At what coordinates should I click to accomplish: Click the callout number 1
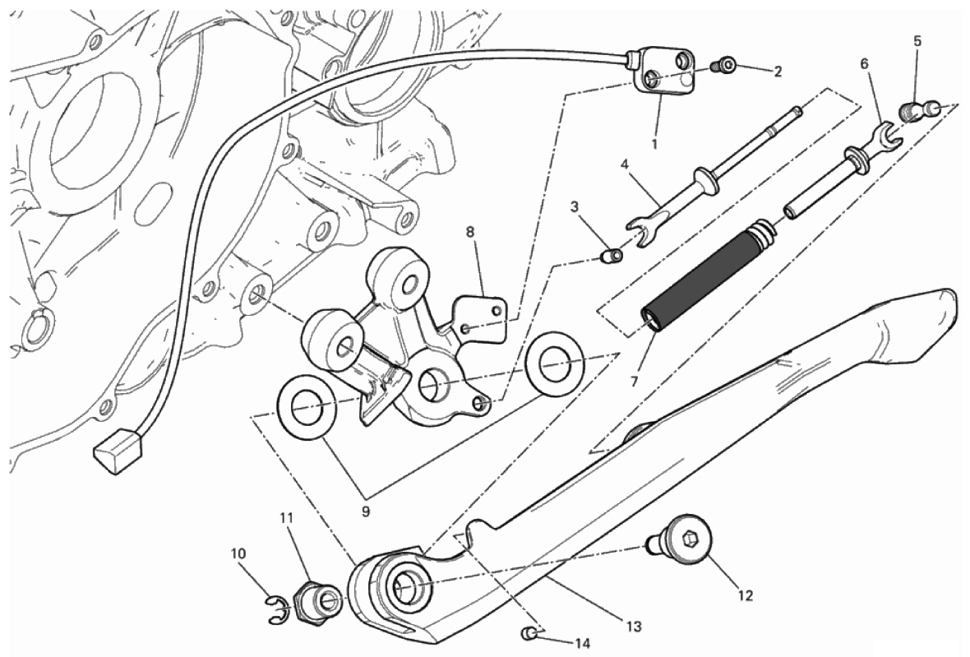655,144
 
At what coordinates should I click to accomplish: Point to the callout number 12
745,595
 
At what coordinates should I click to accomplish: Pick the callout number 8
470,232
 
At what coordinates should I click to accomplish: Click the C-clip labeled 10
278,608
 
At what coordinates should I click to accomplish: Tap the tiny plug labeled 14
531,633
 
